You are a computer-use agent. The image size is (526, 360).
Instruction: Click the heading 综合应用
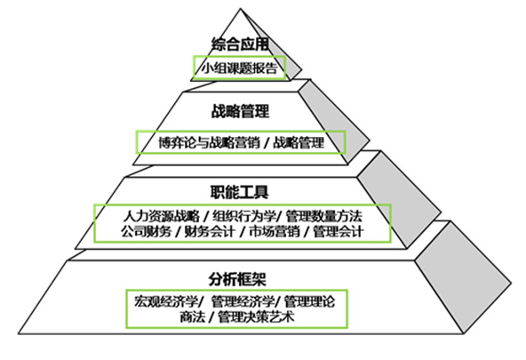point(240,44)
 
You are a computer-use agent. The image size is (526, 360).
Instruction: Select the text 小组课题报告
point(239,68)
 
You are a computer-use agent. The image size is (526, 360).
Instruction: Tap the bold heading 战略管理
point(240,111)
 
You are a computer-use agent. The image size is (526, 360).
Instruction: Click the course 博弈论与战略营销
point(209,142)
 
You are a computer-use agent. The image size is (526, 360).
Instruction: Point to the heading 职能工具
point(240,192)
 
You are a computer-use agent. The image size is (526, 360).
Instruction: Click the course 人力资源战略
point(161,216)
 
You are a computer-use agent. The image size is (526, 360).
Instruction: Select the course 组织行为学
point(243,216)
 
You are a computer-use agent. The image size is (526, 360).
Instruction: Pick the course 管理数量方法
point(324,216)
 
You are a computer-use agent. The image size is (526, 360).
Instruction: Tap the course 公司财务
point(147,231)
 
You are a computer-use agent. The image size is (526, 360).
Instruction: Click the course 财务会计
point(209,231)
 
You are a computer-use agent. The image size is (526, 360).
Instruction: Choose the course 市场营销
point(274,231)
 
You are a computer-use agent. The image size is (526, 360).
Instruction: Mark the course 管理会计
point(339,231)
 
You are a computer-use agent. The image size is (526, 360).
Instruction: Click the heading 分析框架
point(237,279)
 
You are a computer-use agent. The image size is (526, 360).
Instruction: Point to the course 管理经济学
point(243,301)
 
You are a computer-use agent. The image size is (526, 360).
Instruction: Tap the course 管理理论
point(309,301)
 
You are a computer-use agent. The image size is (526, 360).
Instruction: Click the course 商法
point(192,316)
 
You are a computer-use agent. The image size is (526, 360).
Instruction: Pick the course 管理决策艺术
point(256,316)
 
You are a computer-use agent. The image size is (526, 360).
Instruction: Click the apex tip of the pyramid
point(240,9)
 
